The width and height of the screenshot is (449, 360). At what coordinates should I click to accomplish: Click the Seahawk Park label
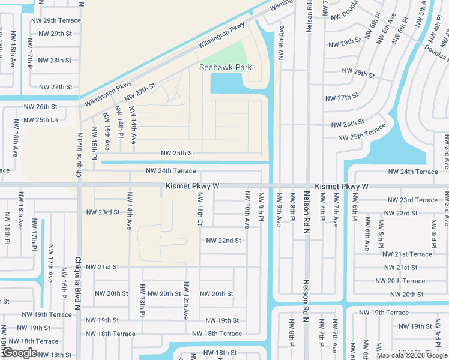coord(226,68)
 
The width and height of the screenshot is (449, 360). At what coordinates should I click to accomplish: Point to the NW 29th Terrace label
coord(56,20)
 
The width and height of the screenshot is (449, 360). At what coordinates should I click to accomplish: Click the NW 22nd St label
coord(223,241)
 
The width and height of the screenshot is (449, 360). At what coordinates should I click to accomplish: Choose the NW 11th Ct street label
coord(200,209)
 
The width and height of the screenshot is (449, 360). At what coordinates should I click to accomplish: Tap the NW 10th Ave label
coord(247,209)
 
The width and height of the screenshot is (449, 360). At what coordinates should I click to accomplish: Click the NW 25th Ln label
coord(41,120)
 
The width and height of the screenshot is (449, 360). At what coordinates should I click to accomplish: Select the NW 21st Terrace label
coord(408,254)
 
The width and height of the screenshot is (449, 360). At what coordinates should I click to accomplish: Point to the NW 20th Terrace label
coord(400,281)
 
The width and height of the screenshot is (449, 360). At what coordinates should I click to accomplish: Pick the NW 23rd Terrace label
coord(412,200)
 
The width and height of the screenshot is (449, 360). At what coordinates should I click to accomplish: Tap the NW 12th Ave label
coord(186,300)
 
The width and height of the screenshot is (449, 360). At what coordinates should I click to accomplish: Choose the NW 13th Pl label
coord(143,301)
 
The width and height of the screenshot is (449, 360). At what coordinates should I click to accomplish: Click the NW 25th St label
coord(177,154)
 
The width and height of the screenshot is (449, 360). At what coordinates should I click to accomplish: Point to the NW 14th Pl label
coord(119,124)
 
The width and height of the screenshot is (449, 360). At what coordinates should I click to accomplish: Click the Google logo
coord(20,353)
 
